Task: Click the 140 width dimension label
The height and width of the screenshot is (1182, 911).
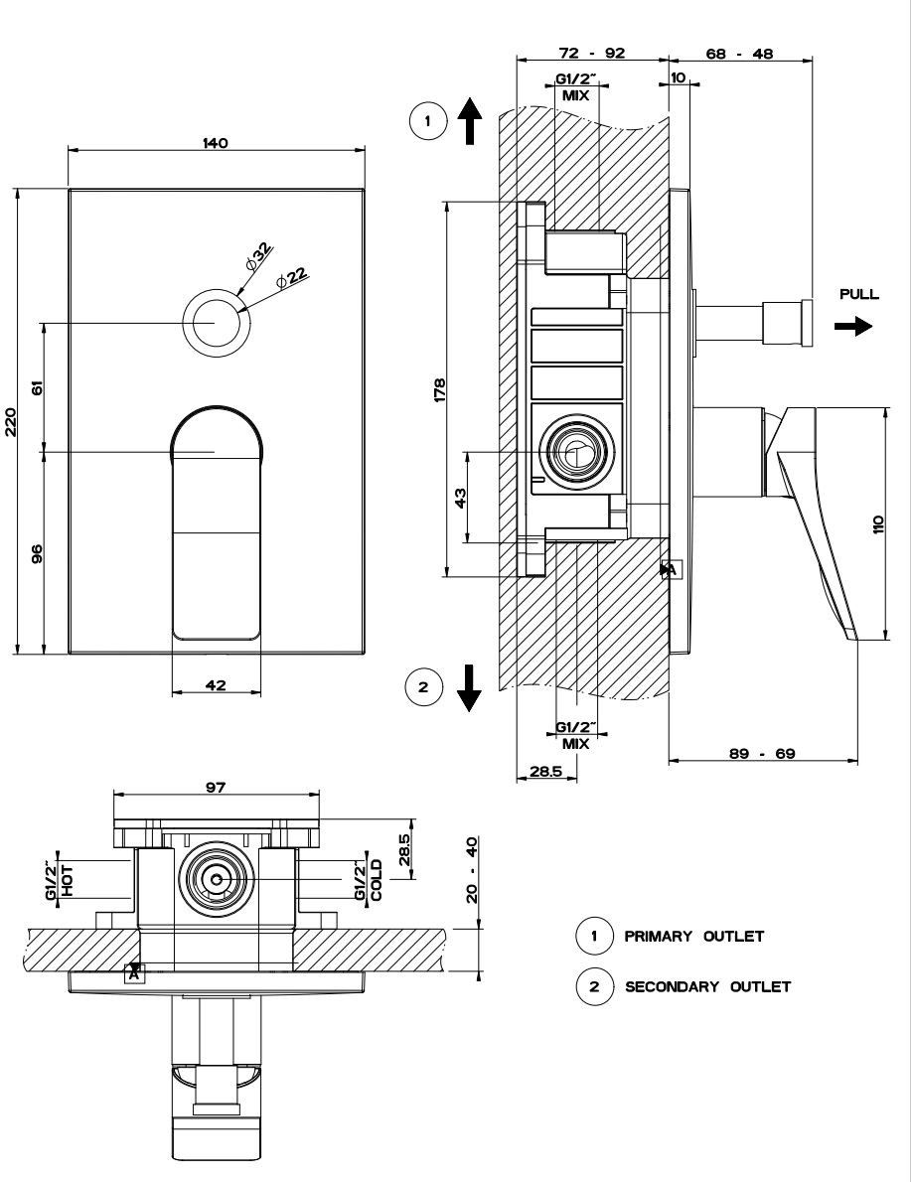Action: [x=215, y=143]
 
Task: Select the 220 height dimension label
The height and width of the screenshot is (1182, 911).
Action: [x=10, y=422]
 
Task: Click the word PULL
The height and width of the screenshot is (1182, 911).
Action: [x=858, y=295]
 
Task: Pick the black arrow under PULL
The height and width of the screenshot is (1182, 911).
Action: [x=853, y=326]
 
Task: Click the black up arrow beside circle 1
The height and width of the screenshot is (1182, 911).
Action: [x=469, y=122]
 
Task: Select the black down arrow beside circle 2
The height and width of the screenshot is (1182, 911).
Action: [x=469, y=686]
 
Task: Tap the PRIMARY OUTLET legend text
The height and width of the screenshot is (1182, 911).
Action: [x=693, y=936]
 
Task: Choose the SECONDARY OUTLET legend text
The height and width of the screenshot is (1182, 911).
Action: [x=707, y=986]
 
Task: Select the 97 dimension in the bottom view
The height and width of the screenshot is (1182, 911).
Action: [x=216, y=787]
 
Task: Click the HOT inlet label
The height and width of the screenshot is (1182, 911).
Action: [x=68, y=880]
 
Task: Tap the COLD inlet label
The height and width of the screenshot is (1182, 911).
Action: [x=376, y=880]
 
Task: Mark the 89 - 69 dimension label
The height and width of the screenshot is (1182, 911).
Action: [x=762, y=754]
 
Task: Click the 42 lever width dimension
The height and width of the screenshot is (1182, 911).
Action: [x=216, y=684]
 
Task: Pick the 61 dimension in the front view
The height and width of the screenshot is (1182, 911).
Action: [x=38, y=387]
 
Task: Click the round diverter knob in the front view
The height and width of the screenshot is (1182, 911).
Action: [x=215, y=323]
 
